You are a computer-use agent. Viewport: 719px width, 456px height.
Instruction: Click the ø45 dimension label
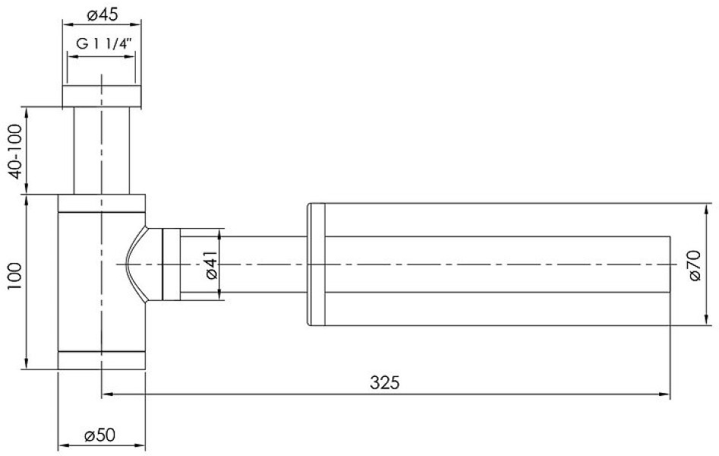102,14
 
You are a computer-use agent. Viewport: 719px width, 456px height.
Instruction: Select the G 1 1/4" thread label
104,44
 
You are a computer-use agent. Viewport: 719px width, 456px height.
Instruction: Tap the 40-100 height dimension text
15,151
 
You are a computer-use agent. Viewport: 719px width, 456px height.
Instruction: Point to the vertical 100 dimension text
15,276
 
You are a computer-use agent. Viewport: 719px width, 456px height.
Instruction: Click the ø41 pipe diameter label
211,265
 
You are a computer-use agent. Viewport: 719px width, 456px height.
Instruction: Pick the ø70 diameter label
695,265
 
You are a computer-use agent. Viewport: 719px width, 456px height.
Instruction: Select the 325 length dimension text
385,382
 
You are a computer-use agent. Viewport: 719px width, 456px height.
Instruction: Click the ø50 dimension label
100,435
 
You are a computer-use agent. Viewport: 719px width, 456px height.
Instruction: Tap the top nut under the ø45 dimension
101,96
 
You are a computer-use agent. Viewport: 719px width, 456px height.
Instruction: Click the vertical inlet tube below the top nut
101,150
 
